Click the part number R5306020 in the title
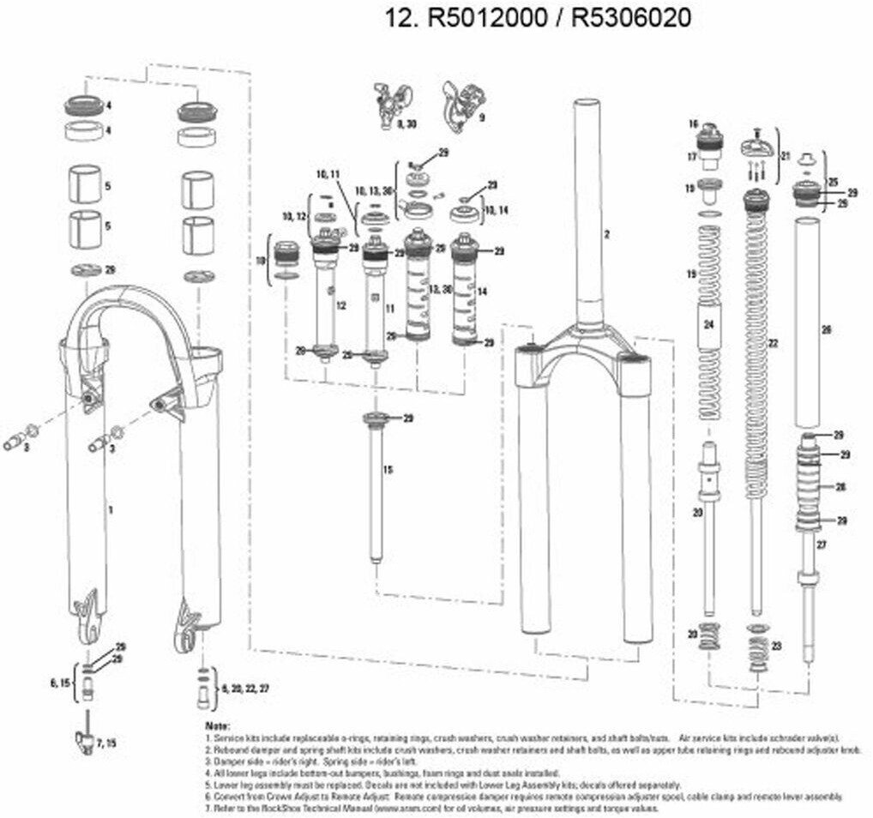tap(630, 18)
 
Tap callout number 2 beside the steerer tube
tap(605, 234)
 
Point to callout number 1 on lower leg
tap(110, 510)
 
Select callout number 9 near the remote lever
tap(482, 117)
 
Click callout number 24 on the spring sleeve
tap(708, 324)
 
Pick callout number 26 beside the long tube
tap(827, 329)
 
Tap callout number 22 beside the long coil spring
tap(773, 344)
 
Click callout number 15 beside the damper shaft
tap(388, 470)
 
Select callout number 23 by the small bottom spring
tap(777, 646)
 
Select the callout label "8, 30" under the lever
tap(405, 125)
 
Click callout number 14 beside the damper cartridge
tap(483, 292)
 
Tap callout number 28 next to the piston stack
tap(840, 487)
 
